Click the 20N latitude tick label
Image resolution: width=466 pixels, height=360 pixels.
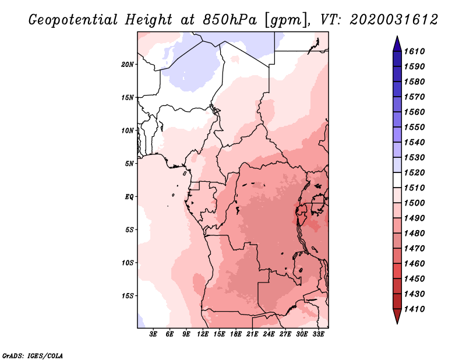[128, 64]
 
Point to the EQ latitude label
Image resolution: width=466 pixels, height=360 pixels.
[129, 196]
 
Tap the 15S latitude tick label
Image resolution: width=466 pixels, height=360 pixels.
[128, 295]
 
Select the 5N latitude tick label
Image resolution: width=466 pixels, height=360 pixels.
[129, 164]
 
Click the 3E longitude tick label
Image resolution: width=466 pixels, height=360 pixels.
[154, 334]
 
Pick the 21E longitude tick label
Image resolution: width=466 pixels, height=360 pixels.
[253, 334]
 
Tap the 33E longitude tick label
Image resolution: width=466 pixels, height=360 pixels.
[319, 334]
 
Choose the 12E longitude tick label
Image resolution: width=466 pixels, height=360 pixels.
[203, 334]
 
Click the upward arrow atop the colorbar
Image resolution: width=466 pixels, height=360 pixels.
[396, 43]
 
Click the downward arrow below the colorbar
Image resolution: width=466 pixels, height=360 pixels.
[396, 317]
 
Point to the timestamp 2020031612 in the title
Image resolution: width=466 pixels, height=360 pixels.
[393, 20]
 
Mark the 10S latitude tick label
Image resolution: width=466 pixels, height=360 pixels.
[128, 263]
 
